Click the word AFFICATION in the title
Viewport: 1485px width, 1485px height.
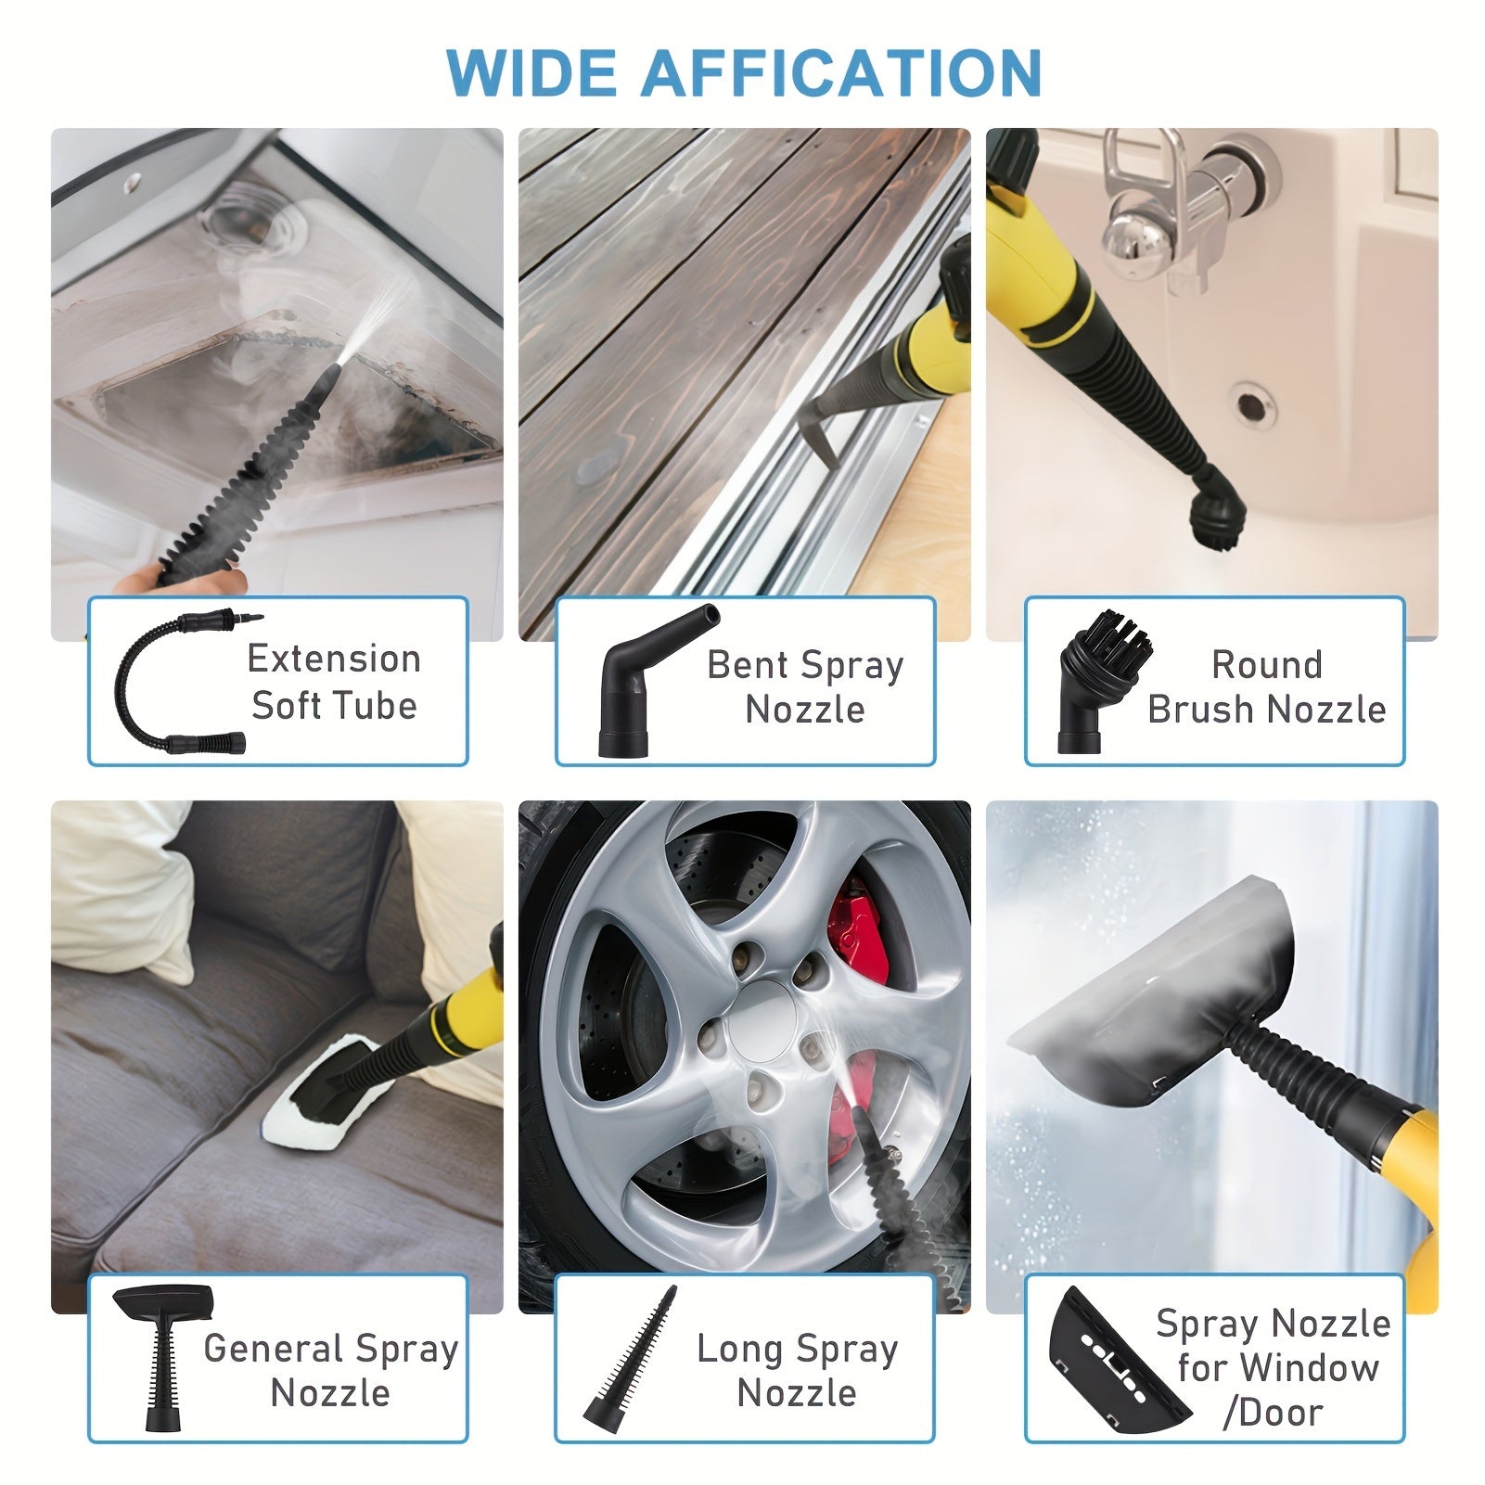[841, 71]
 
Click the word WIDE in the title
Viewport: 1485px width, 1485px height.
[532, 71]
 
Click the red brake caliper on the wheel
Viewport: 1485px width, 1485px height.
[859, 937]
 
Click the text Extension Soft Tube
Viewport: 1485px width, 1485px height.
[334, 682]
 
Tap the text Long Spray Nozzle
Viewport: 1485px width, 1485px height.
[797, 1370]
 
